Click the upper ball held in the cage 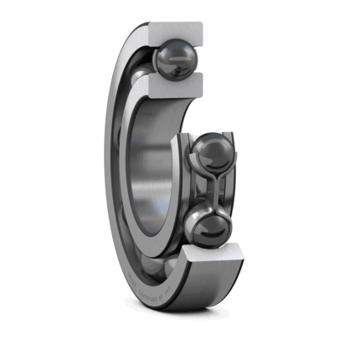coord(215,154)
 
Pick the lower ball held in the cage coord(206,227)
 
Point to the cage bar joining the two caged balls coord(213,191)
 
